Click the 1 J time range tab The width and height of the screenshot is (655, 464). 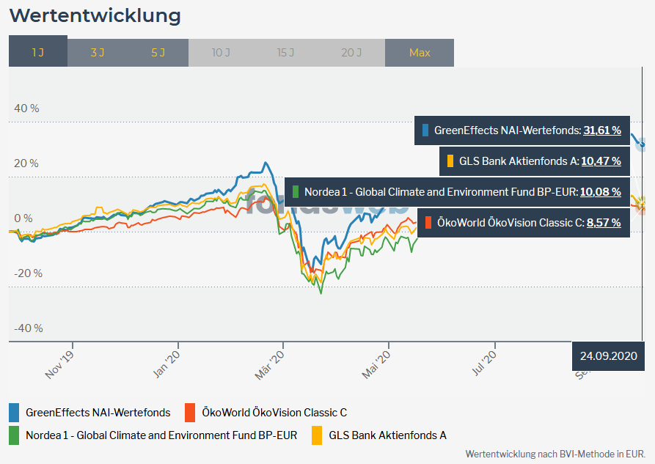pos(38,53)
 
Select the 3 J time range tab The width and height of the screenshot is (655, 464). pos(97,53)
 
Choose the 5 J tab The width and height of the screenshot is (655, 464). pos(158,53)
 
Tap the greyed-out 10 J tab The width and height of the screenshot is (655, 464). pos(221,53)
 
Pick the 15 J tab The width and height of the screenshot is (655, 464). pos(286,53)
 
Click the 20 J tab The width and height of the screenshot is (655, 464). pos(351,53)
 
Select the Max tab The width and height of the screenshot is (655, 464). pos(420,53)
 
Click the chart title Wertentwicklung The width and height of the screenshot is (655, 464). pos(95,15)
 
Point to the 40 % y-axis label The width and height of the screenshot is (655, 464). pos(27,108)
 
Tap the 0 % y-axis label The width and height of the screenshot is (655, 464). pos(23,218)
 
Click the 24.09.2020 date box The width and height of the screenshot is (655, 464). pos(608,357)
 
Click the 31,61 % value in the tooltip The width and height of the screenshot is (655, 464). pos(602,130)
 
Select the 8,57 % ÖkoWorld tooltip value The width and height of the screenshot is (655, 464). pos(604,222)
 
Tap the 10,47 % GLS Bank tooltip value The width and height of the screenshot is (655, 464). pos(601,161)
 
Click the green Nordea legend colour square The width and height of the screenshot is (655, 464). pos(15,435)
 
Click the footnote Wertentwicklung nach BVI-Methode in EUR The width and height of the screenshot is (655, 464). pos(555,454)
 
